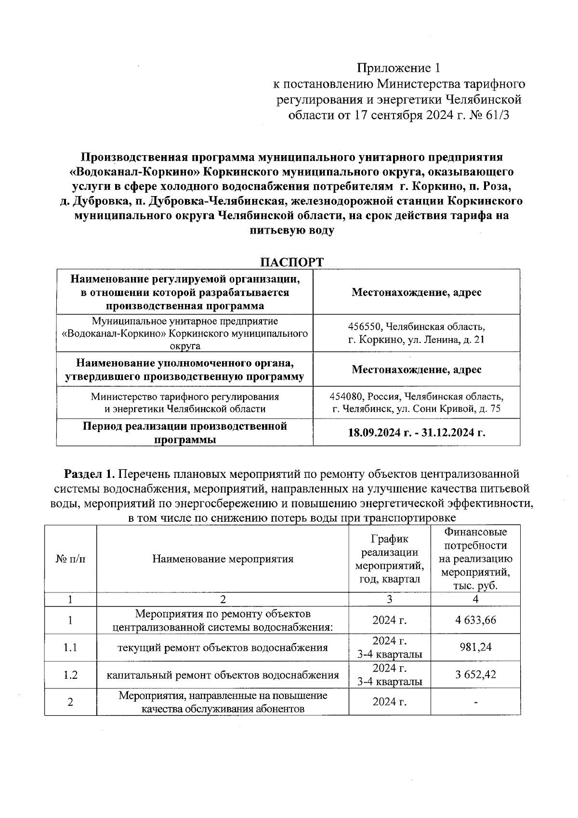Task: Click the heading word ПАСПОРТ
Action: (291, 263)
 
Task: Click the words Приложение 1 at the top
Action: (398, 67)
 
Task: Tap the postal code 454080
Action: (346, 396)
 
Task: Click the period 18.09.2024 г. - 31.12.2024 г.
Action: (416, 432)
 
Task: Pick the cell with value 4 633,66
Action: (475, 620)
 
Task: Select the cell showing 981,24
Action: (475, 647)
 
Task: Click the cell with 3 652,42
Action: (475, 674)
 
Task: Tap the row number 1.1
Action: (70, 647)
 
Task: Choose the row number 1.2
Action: (70, 674)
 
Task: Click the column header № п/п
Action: (70, 559)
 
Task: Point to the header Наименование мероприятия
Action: (223, 559)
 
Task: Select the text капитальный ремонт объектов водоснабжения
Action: (223, 674)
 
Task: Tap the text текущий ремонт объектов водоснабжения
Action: (223, 647)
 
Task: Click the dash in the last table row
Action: (475, 702)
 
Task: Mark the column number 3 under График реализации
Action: (389, 599)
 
